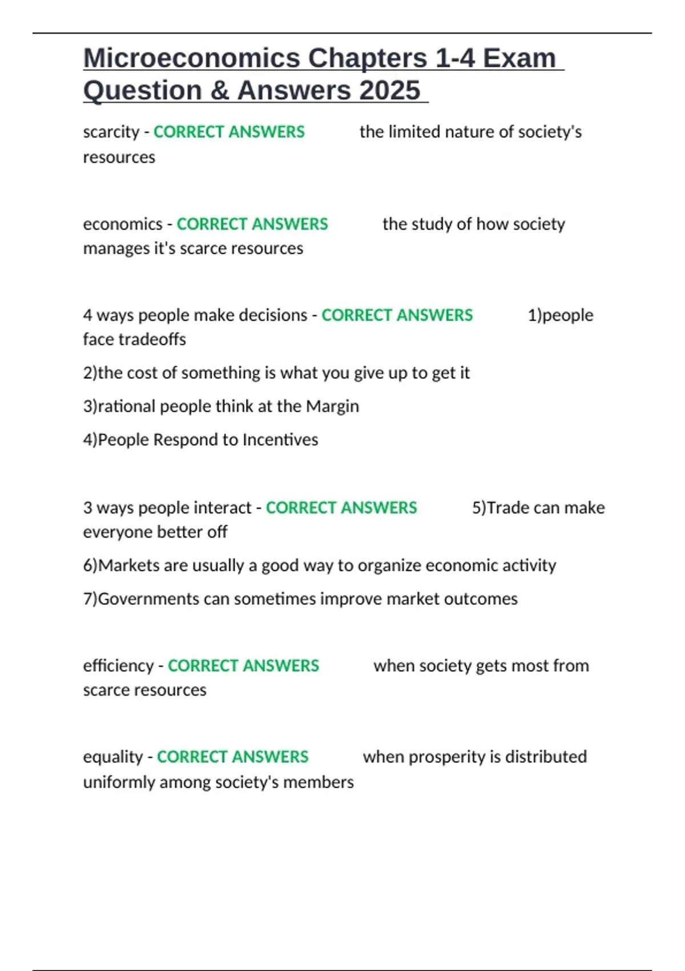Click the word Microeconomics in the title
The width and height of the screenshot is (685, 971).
click(192, 58)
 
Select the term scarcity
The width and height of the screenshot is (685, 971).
click(111, 132)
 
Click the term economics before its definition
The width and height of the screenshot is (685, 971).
click(123, 224)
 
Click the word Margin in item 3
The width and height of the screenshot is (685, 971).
click(333, 406)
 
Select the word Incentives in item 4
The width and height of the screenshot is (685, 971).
click(280, 440)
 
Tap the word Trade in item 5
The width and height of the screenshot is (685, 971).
click(507, 508)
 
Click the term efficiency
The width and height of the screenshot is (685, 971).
click(118, 666)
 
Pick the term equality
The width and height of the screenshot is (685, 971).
click(113, 757)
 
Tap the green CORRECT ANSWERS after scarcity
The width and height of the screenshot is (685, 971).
click(229, 132)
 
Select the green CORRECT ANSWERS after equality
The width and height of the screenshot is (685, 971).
click(232, 757)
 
